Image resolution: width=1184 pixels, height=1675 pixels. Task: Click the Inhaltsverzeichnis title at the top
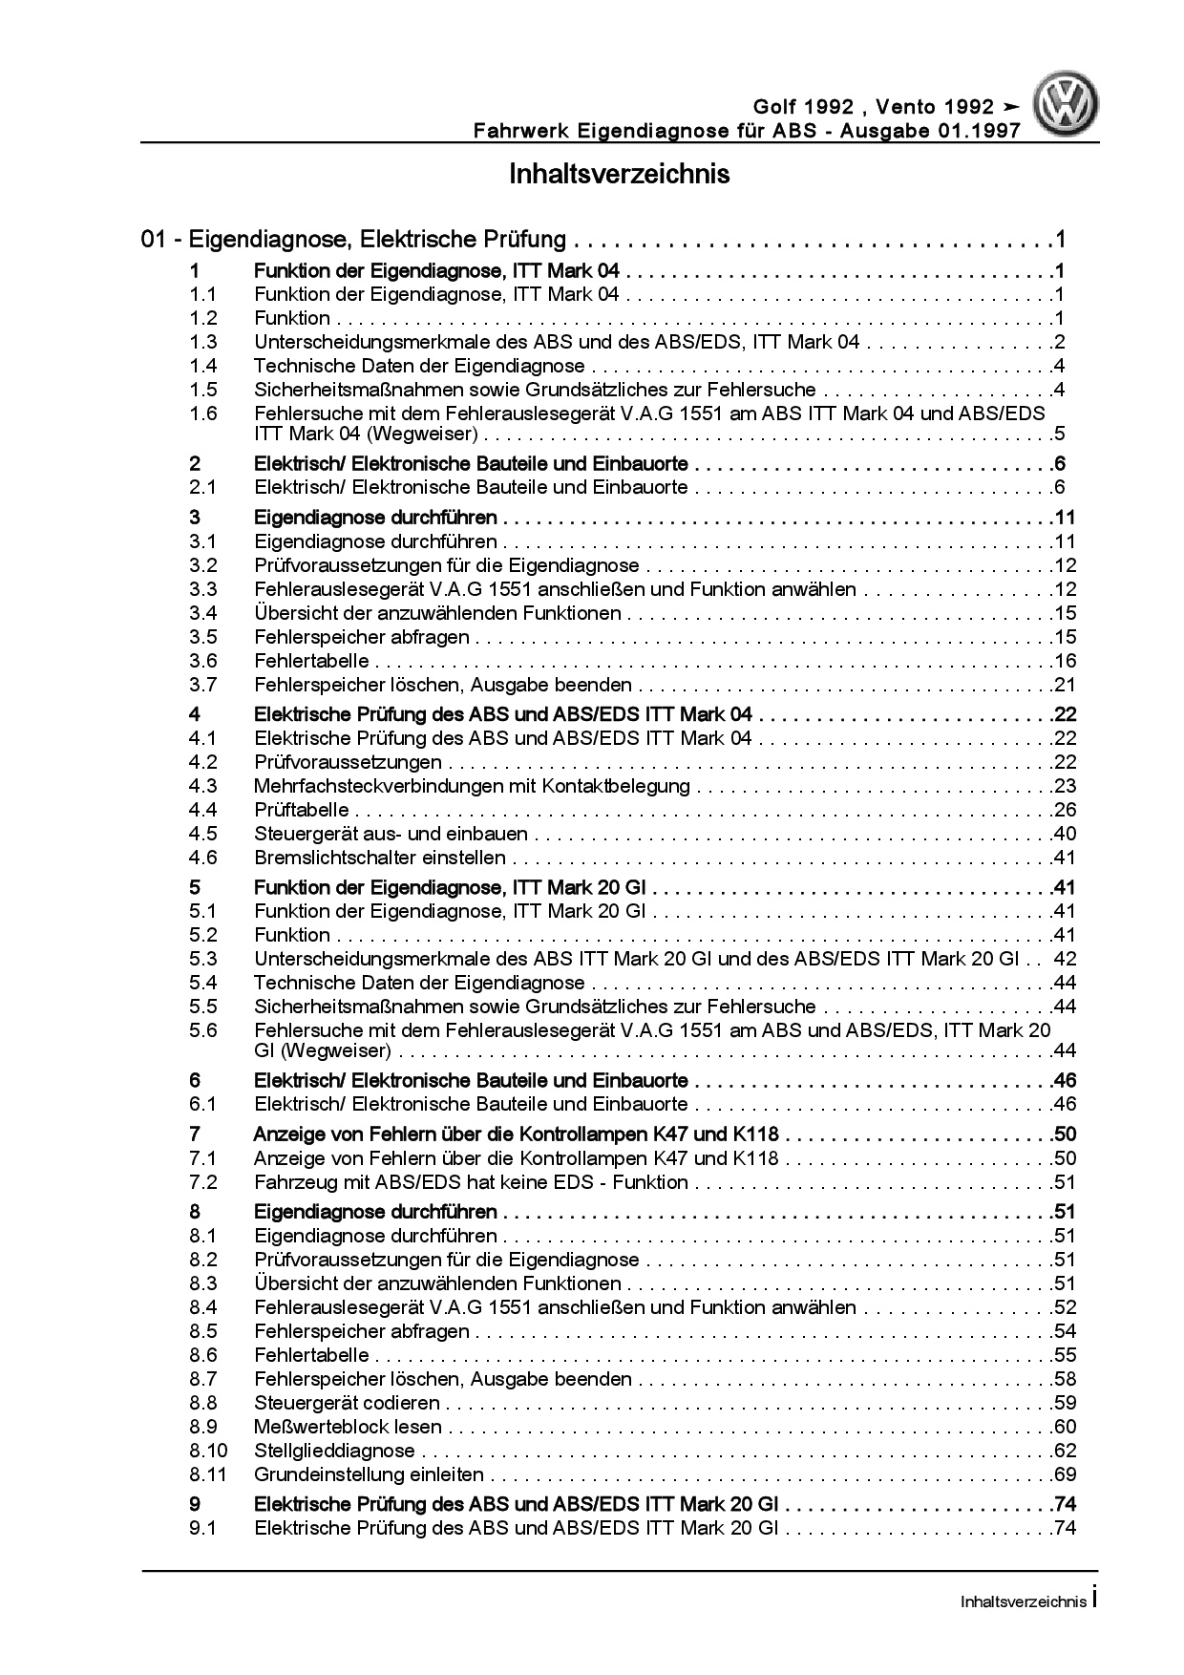coord(619,175)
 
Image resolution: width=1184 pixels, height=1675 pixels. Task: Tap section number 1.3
coord(202,342)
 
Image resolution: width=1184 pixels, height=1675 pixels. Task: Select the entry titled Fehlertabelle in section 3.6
coord(311,661)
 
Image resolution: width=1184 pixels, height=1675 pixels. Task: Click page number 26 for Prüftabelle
coord(1065,810)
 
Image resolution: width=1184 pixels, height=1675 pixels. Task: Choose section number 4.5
coord(202,834)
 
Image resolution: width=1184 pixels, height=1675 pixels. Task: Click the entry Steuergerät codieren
coord(347,1403)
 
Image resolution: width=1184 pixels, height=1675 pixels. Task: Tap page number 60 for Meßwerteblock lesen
coord(1065,1427)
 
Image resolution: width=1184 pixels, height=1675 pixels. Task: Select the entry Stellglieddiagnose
coord(334,1451)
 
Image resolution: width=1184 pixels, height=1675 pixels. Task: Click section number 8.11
coord(207,1474)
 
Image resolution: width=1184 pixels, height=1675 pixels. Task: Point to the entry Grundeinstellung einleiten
coord(369,1474)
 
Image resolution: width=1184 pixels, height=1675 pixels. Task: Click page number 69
coord(1065,1474)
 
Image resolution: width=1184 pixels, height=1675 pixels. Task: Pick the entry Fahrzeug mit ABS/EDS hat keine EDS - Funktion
coord(471,1182)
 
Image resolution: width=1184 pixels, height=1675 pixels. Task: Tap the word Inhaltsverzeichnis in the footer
coord(1023,1601)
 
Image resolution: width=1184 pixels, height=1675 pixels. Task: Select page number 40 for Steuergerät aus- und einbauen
coord(1065,834)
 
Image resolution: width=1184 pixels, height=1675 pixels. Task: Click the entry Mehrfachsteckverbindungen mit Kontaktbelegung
coord(472,786)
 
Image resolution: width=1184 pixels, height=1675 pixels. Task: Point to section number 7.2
coord(202,1182)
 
